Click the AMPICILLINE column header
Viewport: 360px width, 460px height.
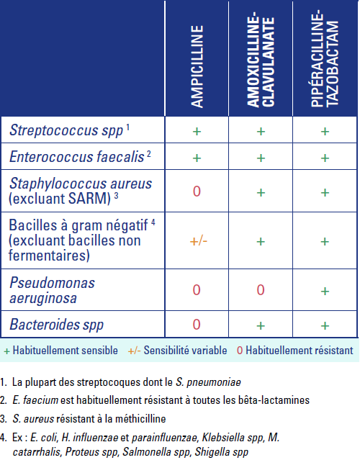pyautogui.click(x=197, y=66)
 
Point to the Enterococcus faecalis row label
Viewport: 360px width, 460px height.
pyautogui.click(x=76, y=155)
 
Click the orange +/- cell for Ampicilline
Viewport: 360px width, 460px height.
pyautogui.click(x=197, y=241)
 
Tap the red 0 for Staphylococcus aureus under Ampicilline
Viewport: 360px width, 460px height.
pyautogui.click(x=197, y=191)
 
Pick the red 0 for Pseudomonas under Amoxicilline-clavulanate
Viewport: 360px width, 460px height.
pyautogui.click(x=261, y=290)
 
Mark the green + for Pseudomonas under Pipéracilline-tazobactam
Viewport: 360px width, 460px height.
pyautogui.click(x=325, y=290)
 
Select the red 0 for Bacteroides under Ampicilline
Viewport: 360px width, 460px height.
pyautogui.click(x=197, y=325)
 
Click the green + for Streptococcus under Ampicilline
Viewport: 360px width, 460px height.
pyautogui.click(x=197, y=131)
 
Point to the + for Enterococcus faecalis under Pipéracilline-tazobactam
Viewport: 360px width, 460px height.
pyautogui.click(x=325, y=156)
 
